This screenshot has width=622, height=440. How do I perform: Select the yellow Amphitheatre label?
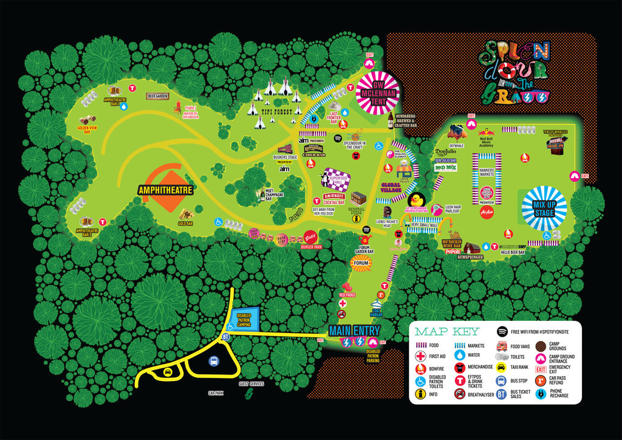(x=165, y=190)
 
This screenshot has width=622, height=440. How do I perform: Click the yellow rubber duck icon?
(x=417, y=201)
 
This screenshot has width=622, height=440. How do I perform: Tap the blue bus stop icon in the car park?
(x=213, y=362)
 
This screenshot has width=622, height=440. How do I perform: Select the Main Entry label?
(x=354, y=331)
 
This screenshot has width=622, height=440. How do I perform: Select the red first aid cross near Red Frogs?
(x=343, y=303)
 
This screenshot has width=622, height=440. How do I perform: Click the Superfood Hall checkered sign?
(x=336, y=180)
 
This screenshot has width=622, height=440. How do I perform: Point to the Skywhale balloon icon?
(x=456, y=131)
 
